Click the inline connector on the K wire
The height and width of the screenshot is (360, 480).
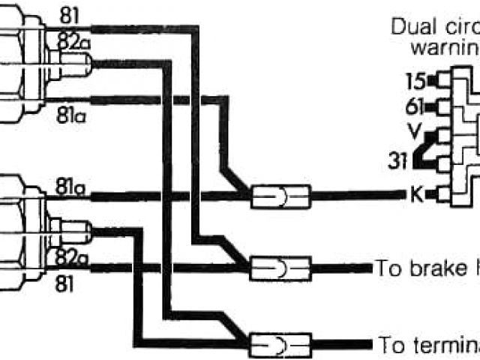click(279, 196)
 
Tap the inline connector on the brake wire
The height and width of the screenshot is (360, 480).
click(279, 268)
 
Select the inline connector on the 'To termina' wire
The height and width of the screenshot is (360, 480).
click(279, 344)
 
